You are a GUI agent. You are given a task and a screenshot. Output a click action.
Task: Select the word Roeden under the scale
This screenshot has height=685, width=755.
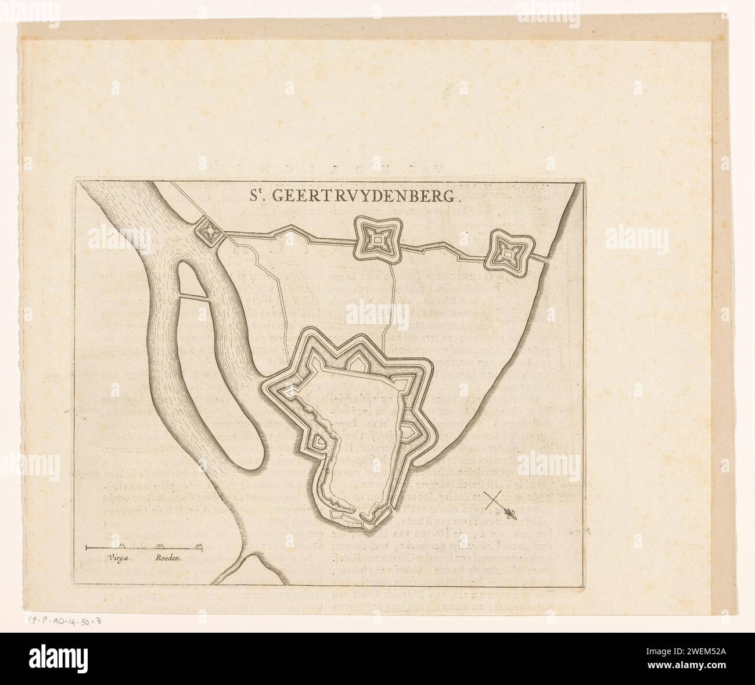click(x=168, y=558)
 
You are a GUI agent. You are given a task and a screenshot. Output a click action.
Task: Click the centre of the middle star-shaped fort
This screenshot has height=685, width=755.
click(x=376, y=239)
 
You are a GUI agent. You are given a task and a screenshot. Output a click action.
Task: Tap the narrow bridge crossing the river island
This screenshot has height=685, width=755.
click(x=192, y=297)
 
